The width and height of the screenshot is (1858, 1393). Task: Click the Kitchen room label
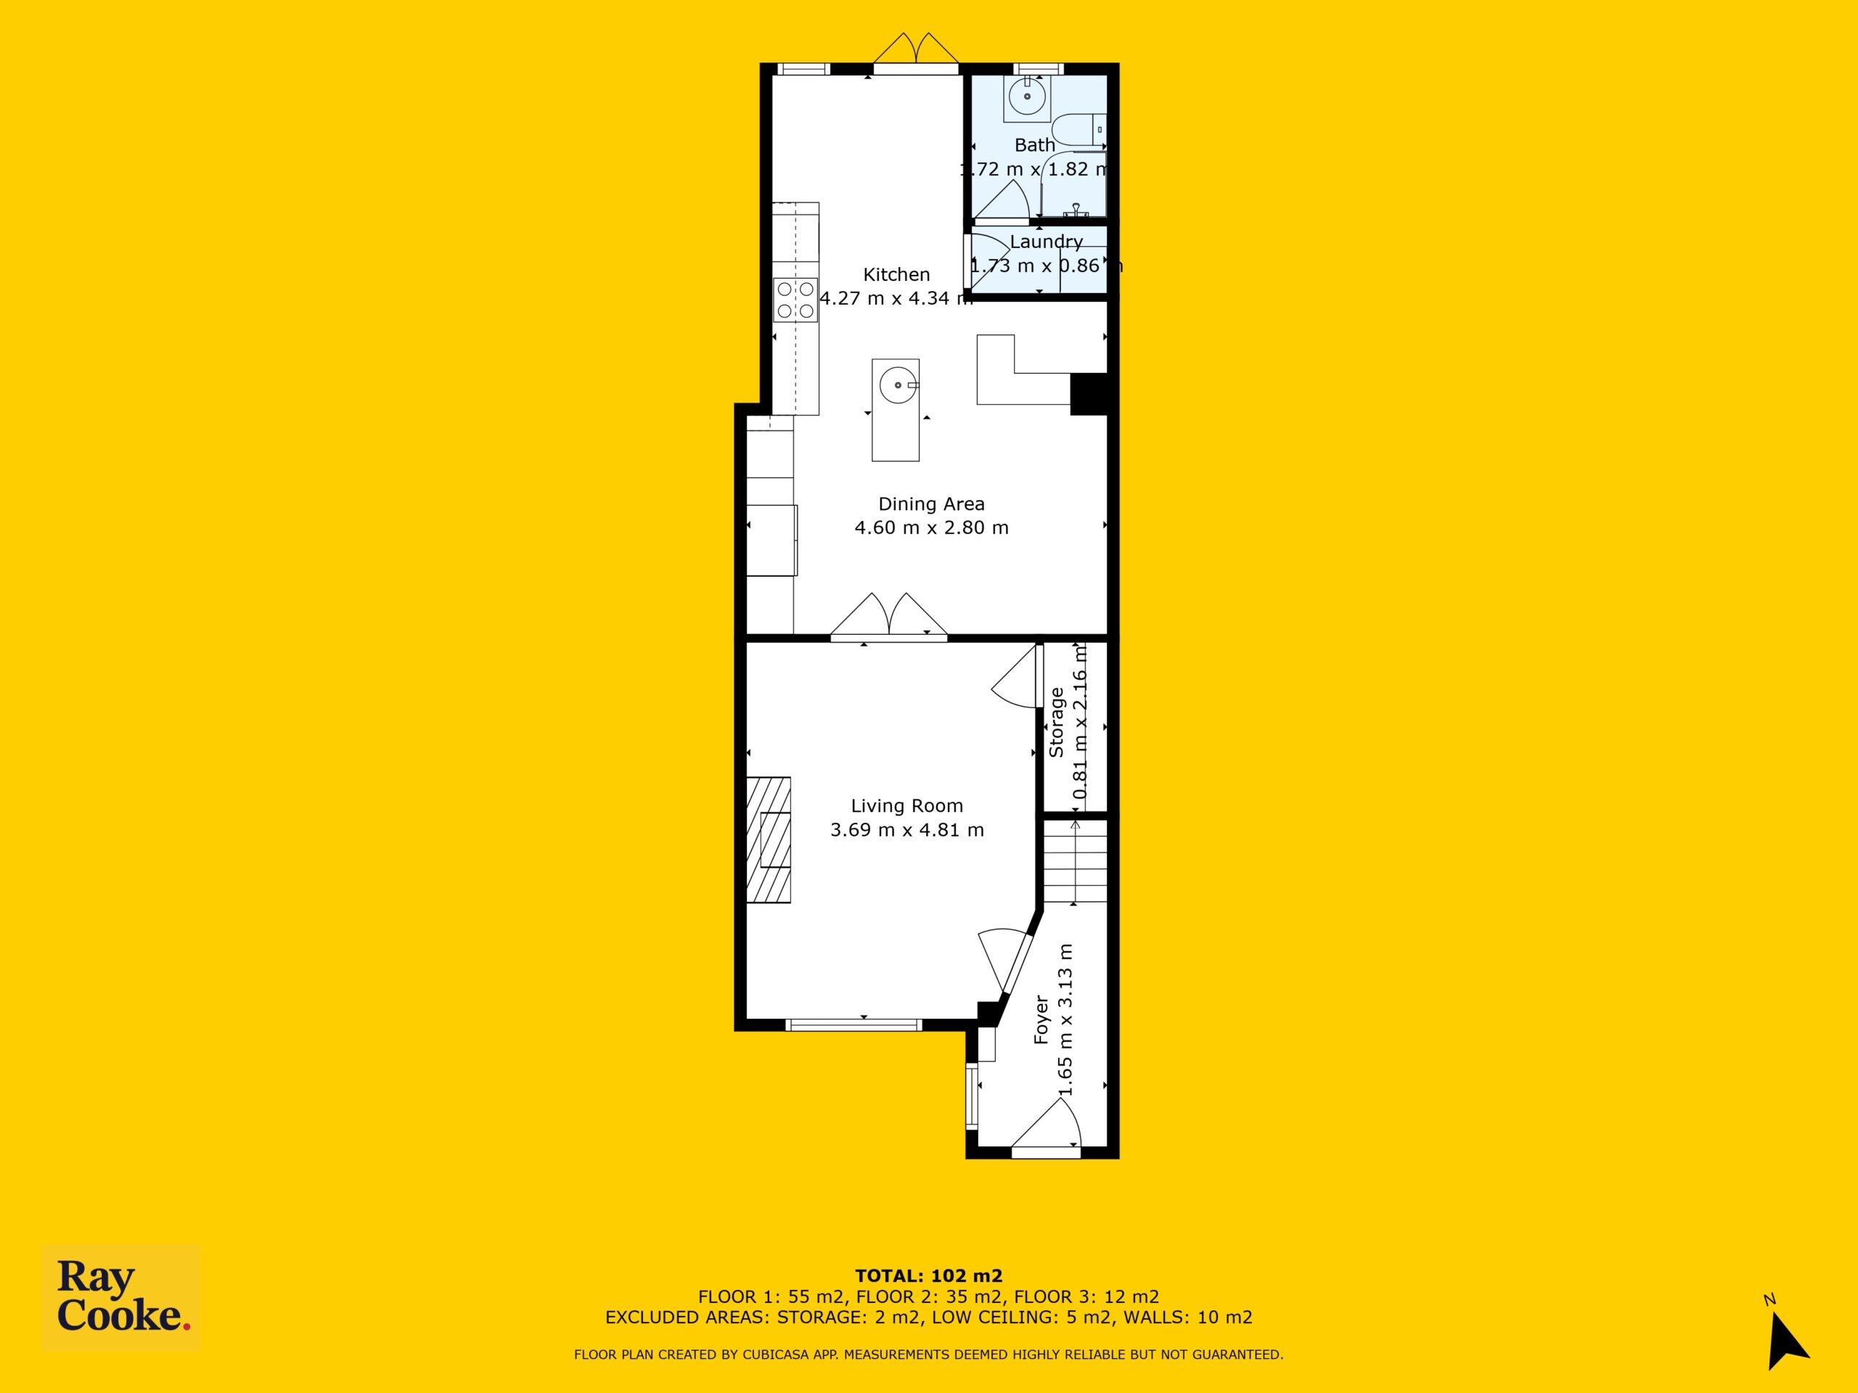click(x=896, y=274)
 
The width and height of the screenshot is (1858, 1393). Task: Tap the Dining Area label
click(x=931, y=504)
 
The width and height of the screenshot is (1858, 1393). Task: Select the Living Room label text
click(x=907, y=806)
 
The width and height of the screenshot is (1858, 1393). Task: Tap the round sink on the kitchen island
click(x=898, y=385)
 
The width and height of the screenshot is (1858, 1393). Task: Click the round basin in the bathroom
click(x=1027, y=97)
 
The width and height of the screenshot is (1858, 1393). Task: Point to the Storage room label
click(x=1057, y=723)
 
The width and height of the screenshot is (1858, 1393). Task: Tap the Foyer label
click(x=1041, y=1020)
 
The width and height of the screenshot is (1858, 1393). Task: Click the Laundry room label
click(x=1046, y=242)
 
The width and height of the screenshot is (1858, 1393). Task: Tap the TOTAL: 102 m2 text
click(x=929, y=1277)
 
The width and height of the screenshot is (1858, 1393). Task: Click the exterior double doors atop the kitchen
click(x=915, y=50)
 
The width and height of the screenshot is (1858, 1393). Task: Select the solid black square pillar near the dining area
click(x=1089, y=395)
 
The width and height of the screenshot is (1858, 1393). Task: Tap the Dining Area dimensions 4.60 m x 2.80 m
click(x=931, y=528)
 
